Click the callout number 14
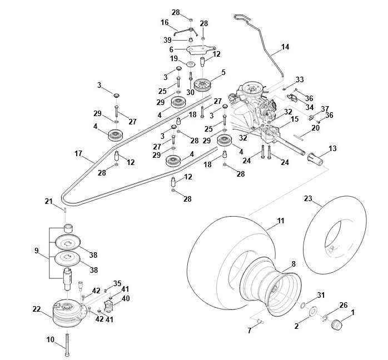[286, 48]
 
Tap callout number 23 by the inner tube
[309, 198]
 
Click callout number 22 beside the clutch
[37, 309]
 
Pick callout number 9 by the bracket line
[37, 251]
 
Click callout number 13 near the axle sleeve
[333, 148]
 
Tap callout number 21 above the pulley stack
[49, 201]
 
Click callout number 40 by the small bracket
[126, 298]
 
